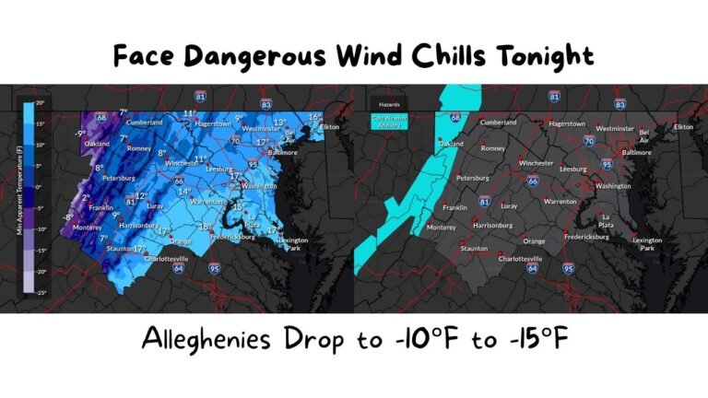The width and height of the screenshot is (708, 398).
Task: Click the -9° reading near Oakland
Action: pyautogui.click(x=80, y=134)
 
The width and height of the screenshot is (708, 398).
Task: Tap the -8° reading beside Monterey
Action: pyautogui.click(x=67, y=217)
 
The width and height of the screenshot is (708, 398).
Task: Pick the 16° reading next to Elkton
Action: pyautogui.click(x=314, y=117)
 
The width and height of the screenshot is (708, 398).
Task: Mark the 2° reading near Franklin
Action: pyautogui.click(x=86, y=197)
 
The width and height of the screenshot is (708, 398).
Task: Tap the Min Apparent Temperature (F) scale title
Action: pyautogui.click(x=19, y=198)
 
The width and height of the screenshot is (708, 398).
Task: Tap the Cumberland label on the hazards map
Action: pyautogui.click(x=498, y=123)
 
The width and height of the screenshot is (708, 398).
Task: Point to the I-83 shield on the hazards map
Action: pyautogui.click(x=619, y=105)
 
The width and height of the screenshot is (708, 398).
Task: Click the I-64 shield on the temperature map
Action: pyautogui.click(x=177, y=268)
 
